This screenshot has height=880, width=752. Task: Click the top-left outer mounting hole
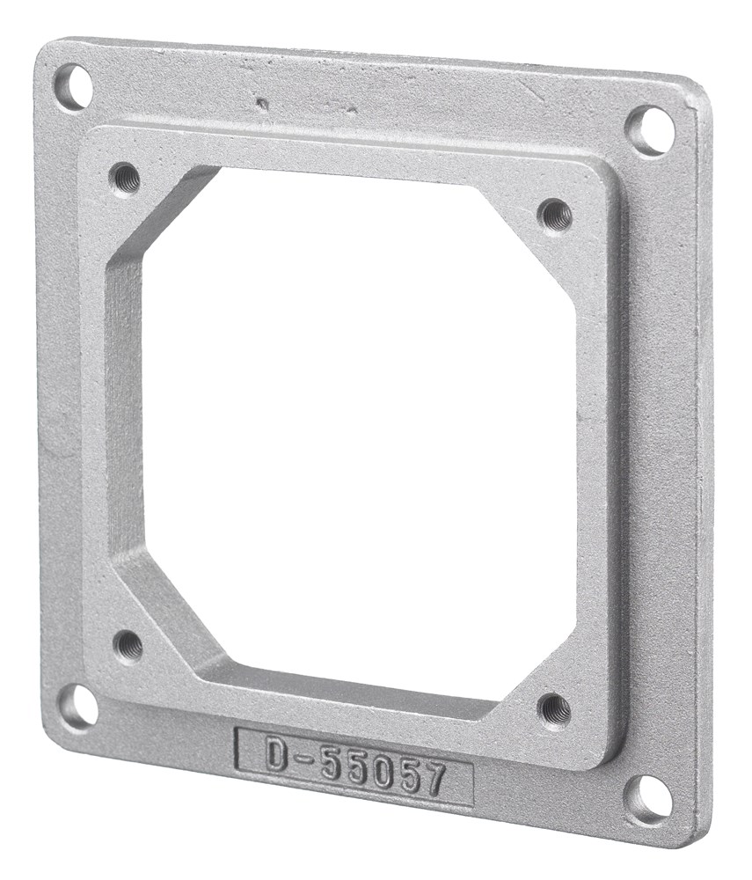[x=73, y=86]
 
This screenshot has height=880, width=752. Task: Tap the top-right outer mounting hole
[x=650, y=129]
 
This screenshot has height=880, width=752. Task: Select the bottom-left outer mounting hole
[x=77, y=705]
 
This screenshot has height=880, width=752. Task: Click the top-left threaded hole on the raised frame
[x=125, y=178]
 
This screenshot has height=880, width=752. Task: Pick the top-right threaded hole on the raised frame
[x=554, y=214]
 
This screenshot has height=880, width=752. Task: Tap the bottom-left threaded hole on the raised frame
[x=128, y=647]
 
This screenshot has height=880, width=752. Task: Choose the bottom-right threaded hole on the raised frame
[x=554, y=709]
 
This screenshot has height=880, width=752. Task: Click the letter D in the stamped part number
[x=276, y=754]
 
